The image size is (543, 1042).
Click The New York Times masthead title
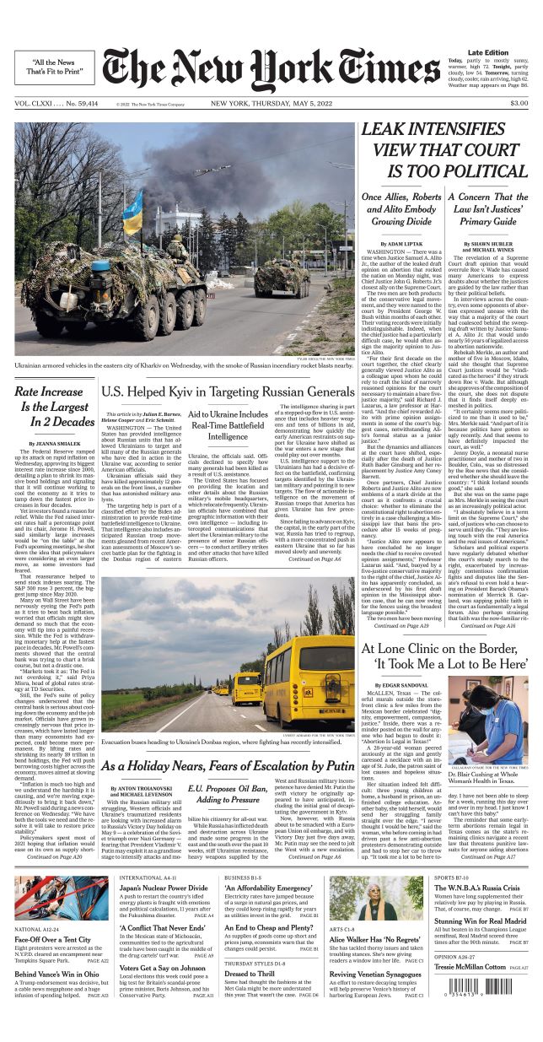point(271,69)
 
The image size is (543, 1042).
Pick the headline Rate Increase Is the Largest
point(54,407)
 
